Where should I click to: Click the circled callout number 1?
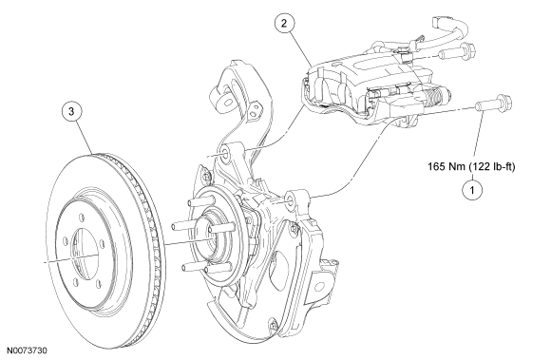(472, 190)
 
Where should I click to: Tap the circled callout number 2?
(284, 23)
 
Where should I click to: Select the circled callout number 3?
(71, 112)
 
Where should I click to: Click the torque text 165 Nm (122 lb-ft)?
(471, 166)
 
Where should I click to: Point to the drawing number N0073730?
(27, 351)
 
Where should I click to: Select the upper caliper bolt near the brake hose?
(457, 52)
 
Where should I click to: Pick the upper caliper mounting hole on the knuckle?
(224, 152)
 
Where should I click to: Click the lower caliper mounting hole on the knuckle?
(290, 199)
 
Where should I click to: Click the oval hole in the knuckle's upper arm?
(227, 103)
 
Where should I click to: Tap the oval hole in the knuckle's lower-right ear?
(319, 286)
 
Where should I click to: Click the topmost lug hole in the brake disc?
(80, 216)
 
